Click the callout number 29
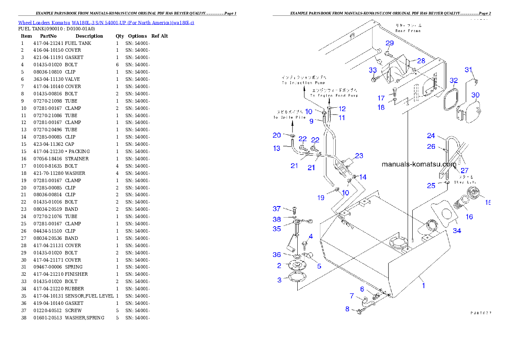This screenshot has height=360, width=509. point(389,43)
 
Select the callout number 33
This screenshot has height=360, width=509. point(373,70)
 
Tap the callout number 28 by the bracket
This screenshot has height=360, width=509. point(421,61)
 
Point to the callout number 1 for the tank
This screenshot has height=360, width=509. point(424,286)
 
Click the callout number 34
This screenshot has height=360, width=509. point(457,231)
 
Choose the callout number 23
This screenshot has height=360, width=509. point(359,156)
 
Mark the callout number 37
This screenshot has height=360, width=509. point(277,209)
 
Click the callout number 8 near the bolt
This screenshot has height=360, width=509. point(347,309)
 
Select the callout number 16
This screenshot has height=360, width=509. point(469,217)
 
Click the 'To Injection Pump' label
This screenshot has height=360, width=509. point(303,83)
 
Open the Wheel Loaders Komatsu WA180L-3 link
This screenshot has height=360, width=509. point(106,23)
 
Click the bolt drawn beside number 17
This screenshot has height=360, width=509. point(395,91)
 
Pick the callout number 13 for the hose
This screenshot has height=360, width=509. point(277,148)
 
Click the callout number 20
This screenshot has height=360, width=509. point(277,135)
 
